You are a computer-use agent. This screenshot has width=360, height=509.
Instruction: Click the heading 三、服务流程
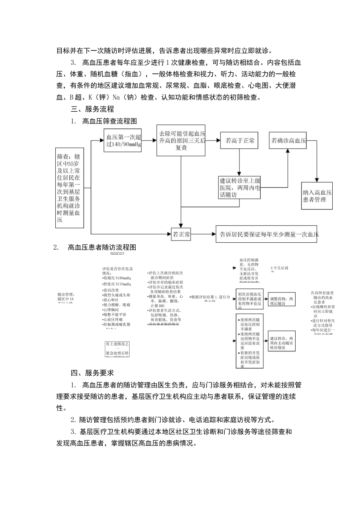92,109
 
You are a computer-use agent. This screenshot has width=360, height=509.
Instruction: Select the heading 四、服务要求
92,373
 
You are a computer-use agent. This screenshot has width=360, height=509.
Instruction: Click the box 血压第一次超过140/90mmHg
123,141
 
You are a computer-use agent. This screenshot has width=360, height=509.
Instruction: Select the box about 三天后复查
181,140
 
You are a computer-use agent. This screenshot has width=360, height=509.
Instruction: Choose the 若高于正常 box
239,141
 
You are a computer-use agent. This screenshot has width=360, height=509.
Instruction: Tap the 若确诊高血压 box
288,140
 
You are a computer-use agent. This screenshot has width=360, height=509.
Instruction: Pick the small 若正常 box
181,234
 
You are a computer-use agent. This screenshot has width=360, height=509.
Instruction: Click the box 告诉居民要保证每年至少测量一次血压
267,234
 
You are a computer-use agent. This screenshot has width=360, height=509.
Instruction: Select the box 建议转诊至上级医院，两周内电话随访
239,187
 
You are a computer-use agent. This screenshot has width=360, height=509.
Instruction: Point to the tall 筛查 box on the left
69,188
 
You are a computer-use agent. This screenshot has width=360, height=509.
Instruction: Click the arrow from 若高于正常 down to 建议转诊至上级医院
239,162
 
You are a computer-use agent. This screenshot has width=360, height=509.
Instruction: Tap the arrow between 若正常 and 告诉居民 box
203,234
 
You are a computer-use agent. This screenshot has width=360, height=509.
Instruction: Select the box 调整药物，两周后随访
281,301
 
